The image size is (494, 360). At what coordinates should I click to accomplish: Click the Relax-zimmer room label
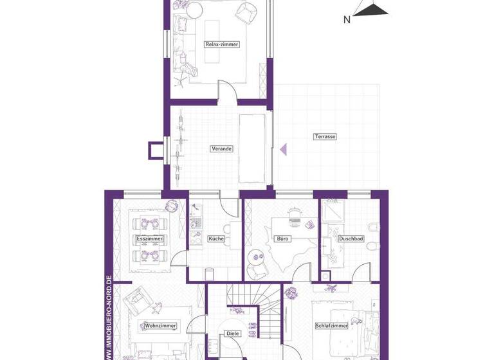(x=222, y=44)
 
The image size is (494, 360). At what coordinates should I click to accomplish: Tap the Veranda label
(x=221, y=148)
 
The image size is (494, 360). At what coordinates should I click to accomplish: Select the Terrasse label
(x=325, y=136)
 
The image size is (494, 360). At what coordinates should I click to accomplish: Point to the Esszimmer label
(x=150, y=239)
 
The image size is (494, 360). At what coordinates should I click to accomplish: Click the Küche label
(x=216, y=239)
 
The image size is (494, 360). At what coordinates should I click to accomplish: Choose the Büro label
(x=283, y=239)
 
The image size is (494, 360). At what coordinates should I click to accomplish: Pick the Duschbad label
(x=351, y=239)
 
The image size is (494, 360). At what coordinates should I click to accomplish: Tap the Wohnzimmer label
(x=160, y=326)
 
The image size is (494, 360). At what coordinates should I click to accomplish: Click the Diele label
(x=232, y=334)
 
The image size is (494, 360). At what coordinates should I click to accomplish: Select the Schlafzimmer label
(x=331, y=326)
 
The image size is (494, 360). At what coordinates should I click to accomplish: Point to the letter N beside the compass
(x=347, y=19)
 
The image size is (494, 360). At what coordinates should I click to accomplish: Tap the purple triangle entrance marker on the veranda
(x=282, y=149)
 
